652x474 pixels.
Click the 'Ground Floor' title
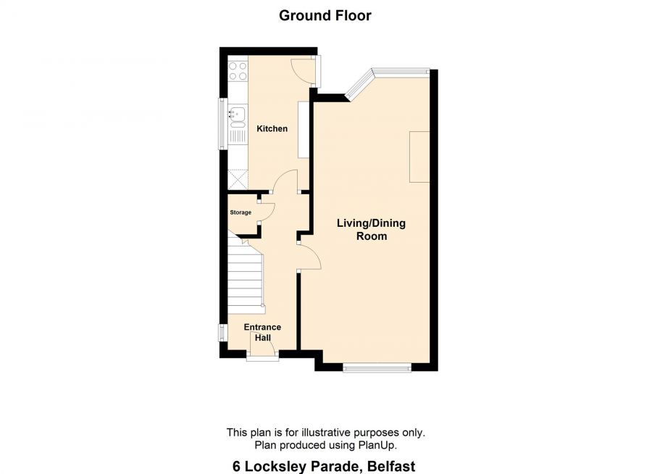(325, 15)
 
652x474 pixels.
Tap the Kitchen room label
(272, 128)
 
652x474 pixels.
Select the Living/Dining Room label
(371, 229)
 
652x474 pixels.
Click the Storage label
(241, 212)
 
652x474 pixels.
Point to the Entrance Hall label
(262, 332)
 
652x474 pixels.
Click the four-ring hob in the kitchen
(238, 70)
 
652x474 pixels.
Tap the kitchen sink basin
(238, 113)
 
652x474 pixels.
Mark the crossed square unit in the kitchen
(238, 180)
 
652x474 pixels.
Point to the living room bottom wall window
(377, 367)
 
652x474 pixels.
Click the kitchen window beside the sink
(223, 124)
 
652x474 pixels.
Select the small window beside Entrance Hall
(223, 333)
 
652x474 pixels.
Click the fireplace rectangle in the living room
(419, 157)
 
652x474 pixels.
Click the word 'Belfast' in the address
(391, 466)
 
